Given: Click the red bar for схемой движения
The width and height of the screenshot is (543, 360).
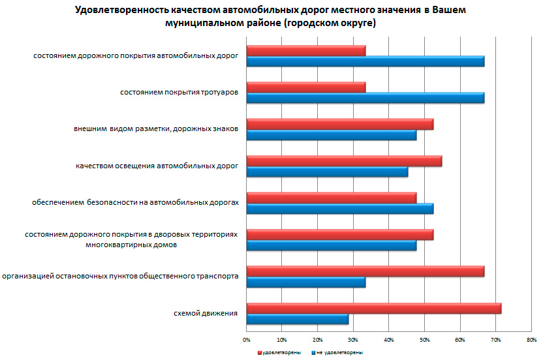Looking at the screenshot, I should coord(373,308).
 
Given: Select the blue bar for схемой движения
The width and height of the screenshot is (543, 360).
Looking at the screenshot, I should coord(297,320).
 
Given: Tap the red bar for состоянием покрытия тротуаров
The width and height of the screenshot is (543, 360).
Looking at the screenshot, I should coord(305,87).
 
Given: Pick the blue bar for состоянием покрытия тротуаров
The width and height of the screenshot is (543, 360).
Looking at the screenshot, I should coord(365,98).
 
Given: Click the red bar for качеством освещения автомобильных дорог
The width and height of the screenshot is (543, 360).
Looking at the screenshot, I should coord(344,161).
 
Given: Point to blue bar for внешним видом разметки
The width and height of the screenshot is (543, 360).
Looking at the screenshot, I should coord(331,136).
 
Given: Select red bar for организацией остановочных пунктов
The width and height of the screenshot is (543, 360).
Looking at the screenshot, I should coord(365,271).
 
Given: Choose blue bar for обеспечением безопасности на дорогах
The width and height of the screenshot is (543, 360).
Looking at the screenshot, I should coord(339,209).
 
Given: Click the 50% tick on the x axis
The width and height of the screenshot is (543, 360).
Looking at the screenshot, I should coord(424,340).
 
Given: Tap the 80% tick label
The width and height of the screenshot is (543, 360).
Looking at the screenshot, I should coord(531,340).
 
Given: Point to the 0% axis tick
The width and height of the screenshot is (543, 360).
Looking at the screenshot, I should coord(247,340).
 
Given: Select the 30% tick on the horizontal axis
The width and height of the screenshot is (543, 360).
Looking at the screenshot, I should coord(353,340).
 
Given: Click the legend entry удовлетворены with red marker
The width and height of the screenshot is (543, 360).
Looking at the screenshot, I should coord(280,352).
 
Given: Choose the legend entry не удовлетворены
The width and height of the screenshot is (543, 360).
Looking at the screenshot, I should coord(338,352).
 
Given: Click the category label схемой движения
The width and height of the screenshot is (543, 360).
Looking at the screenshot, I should coord(205,314).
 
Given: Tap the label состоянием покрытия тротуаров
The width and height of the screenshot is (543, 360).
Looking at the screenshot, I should coord(179,93).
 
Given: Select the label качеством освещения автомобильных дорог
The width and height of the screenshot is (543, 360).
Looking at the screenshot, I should coord(157,166).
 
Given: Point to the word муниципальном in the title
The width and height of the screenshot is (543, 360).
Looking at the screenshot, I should coord(202,23).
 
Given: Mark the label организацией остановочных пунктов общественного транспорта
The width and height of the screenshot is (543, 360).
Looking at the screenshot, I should coord(120,277).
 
